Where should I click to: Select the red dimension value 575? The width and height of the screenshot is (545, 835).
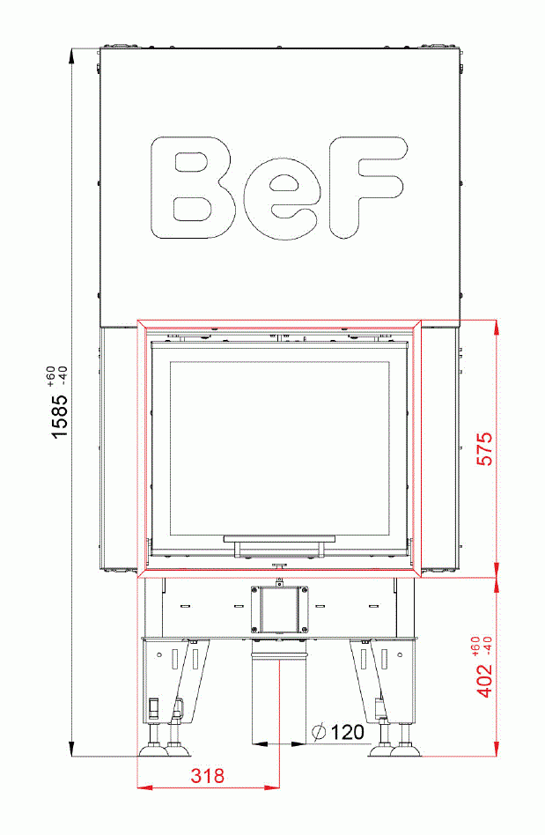484,449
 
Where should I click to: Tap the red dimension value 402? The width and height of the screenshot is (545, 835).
484,678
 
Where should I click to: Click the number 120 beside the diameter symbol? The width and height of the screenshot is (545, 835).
348,732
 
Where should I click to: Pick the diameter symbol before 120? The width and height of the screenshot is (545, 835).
319,732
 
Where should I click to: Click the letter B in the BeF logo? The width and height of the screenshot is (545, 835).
193,187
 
